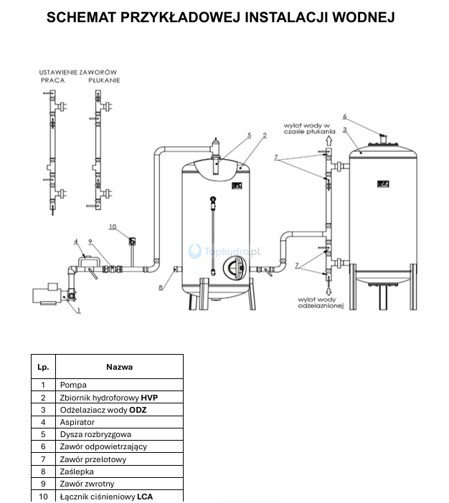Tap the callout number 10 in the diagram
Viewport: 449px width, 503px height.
click(113, 227)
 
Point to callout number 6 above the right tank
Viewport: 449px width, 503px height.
click(344, 116)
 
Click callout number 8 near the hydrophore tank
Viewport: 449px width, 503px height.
click(161, 287)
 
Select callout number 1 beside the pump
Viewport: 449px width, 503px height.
click(79, 310)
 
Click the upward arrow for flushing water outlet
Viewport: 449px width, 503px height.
click(329, 141)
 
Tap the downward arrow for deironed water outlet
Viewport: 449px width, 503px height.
click(329, 292)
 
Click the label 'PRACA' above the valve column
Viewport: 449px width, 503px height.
click(52, 80)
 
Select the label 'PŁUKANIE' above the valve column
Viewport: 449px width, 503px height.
click(104, 80)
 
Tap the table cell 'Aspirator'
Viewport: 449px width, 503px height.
click(77, 422)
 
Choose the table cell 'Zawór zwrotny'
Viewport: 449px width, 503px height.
click(87, 484)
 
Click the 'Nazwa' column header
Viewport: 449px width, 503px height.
click(120, 367)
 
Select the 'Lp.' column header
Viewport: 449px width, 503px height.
click(43, 367)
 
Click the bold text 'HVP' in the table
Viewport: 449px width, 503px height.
click(149, 398)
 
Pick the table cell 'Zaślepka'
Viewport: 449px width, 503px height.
click(77, 471)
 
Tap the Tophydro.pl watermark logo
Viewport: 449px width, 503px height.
click(225, 251)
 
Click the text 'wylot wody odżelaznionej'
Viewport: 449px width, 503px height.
click(321, 302)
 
